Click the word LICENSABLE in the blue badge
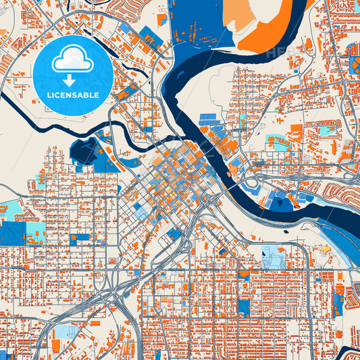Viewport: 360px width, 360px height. [x=73, y=95]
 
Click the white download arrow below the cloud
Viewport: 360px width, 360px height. [x=72, y=80]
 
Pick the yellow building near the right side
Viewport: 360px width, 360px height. [x=326, y=249]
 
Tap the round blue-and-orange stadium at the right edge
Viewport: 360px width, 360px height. [x=355, y=66]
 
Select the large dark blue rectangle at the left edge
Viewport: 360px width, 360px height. [x=12, y=233]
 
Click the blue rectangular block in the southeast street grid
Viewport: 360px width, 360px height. [x=243, y=307]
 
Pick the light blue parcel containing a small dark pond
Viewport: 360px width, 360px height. [x=274, y=257]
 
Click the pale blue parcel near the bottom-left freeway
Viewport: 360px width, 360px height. [x=66, y=331]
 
